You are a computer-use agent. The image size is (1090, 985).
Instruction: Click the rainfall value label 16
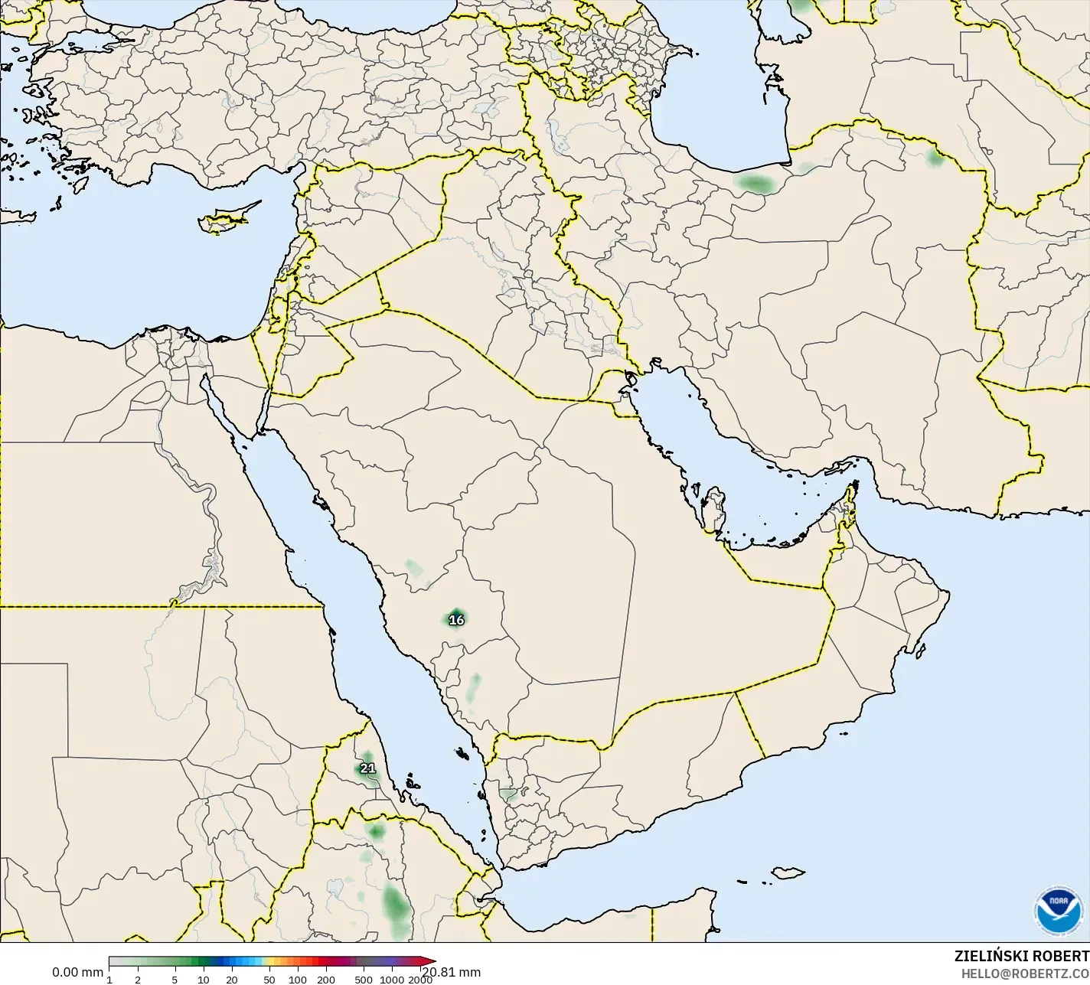[x=456, y=620]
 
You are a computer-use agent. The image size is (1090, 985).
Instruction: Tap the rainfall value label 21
[x=367, y=768]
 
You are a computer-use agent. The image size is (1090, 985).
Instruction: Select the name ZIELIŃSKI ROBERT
[x=1021, y=956]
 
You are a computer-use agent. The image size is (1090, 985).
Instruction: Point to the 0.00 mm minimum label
[x=77, y=972]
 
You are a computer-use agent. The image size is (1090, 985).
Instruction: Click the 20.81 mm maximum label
[x=452, y=972]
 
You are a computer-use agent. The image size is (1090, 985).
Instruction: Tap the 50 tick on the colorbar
[x=269, y=980]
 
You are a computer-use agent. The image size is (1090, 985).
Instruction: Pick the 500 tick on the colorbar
[x=364, y=980]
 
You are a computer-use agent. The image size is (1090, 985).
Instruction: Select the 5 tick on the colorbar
[x=175, y=980]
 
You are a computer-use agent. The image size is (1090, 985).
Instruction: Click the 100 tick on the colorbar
[x=298, y=980]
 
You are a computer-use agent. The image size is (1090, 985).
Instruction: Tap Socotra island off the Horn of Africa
[x=787, y=872]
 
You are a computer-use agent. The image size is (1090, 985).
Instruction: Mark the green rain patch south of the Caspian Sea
[x=755, y=184]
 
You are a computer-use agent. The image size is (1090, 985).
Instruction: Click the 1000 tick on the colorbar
[x=391, y=980]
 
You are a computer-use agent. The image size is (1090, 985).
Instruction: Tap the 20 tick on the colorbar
[x=231, y=980]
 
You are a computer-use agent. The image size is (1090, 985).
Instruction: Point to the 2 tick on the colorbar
[x=138, y=980]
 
